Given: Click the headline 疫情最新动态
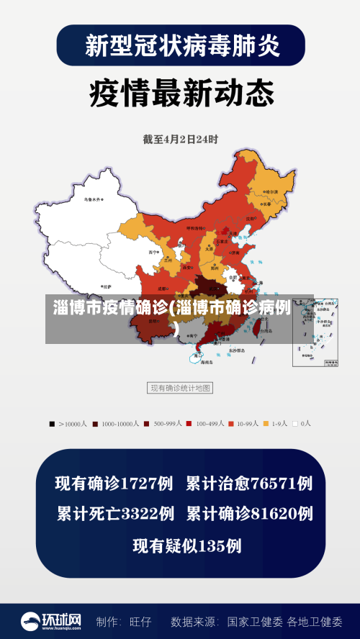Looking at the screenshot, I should click(181, 93).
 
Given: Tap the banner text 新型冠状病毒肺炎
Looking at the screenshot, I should click(181, 45).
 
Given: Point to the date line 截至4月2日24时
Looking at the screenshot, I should click(180, 139).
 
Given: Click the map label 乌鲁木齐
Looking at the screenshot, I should click(92, 199).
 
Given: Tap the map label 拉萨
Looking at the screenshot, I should click(106, 286).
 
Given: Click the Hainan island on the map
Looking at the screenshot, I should click(198, 355).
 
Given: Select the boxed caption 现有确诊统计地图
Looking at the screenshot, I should click(181, 388).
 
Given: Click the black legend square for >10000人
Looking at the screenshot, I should click(52, 424).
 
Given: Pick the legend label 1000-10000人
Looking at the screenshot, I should click(120, 424).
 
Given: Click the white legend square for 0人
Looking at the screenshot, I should click(295, 424).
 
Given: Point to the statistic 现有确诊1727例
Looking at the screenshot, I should click(114, 484).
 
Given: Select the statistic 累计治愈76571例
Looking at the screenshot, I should click(249, 484).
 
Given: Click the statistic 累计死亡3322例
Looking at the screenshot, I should click(114, 514).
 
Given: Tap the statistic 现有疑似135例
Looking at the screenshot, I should click(186, 545).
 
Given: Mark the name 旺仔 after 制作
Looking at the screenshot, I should click(140, 621).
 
